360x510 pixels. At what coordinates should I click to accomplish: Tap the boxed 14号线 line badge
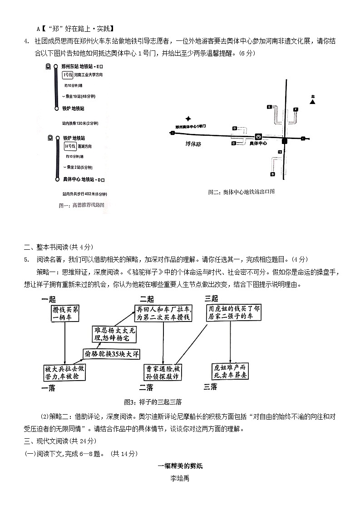[x=69, y=146]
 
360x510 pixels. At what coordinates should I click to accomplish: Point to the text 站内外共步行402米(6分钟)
[x=88, y=194]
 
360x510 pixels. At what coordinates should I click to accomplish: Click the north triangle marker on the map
[x=312, y=102]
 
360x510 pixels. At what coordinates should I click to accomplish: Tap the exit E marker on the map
[x=269, y=106]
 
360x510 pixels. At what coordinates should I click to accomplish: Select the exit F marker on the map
[x=296, y=109]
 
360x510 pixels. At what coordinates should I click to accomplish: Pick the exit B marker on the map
[x=272, y=174]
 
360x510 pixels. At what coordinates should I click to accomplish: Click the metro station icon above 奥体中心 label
[x=258, y=136]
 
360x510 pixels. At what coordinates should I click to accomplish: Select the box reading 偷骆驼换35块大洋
[x=111, y=354]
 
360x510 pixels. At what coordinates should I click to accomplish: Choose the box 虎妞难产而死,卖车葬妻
[x=231, y=371]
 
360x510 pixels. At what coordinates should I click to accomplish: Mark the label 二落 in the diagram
[x=146, y=387]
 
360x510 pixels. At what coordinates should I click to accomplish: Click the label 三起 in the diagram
[x=212, y=299]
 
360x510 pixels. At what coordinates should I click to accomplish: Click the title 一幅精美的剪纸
[x=180, y=466]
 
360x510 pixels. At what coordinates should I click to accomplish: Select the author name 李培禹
[x=180, y=478]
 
